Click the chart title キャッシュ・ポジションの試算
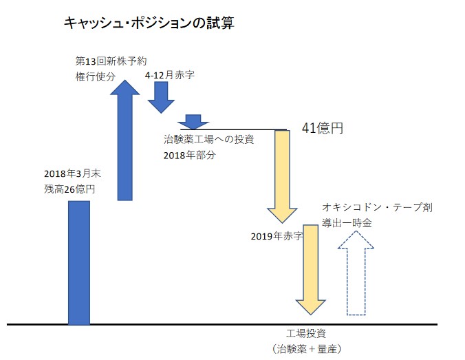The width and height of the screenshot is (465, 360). [149, 23]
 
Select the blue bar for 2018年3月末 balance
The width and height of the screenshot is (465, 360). [79, 262]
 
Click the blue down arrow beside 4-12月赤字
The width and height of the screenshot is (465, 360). [162, 97]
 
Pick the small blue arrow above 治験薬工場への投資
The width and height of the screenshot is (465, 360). [193, 121]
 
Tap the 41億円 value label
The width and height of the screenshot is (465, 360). [322, 128]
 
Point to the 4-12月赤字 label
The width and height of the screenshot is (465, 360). [169, 74]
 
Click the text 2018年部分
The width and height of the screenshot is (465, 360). [189, 155]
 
